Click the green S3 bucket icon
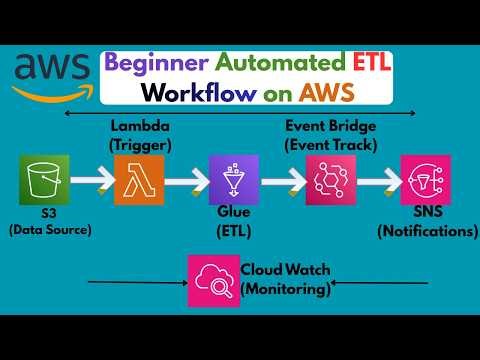click(41, 181)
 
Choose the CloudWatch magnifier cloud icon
click(212, 281)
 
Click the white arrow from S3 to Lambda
click(87, 181)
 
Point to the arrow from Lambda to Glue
click(180, 181)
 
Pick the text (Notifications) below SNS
click(427, 232)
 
